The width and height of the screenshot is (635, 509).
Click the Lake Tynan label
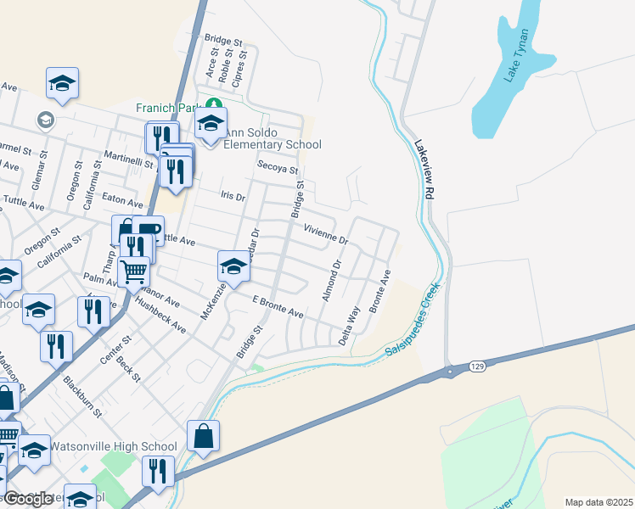(x=517, y=55)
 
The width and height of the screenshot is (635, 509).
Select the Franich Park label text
(x=165, y=108)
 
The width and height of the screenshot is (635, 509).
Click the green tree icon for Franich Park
(x=216, y=104)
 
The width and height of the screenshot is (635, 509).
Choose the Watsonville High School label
(x=113, y=446)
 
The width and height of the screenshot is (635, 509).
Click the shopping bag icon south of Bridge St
(x=203, y=436)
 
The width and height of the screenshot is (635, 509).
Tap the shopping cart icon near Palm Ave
(x=134, y=271)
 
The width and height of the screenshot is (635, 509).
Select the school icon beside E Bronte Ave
(x=234, y=266)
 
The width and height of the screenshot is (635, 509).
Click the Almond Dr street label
(x=331, y=281)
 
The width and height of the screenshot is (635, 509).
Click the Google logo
(x=27, y=499)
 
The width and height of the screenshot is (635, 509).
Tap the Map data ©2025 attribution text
(x=598, y=502)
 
